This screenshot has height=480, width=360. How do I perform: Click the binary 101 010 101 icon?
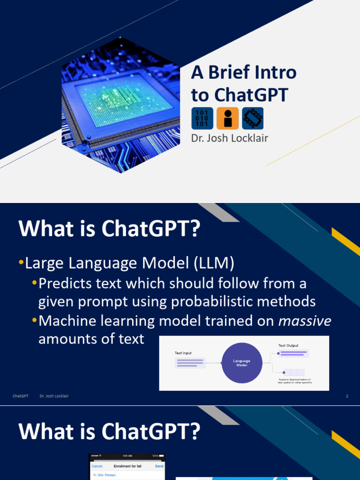click(x=202, y=119)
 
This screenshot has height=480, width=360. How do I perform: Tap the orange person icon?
click(x=227, y=119)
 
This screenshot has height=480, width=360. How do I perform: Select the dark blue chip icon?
click(x=253, y=119)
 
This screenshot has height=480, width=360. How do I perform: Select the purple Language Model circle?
click(x=242, y=363)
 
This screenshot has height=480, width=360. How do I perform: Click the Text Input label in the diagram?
click(x=183, y=353)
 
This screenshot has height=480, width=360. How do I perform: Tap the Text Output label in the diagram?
click(x=288, y=345)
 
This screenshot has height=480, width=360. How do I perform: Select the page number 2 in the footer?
click(x=347, y=397)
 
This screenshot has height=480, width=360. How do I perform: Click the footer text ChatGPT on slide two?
click(x=20, y=397)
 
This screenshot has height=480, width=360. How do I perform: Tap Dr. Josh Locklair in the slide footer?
click(x=54, y=397)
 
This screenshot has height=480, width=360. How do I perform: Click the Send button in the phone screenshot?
click(x=159, y=466)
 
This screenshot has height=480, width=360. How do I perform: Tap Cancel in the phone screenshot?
click(x=97, y=466)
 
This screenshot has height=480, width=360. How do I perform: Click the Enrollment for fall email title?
click(x=127, y=466)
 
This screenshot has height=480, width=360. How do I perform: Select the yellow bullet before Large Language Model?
click(x=21, y=264)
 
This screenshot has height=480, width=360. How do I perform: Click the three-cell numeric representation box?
click(x=291, y=373)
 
